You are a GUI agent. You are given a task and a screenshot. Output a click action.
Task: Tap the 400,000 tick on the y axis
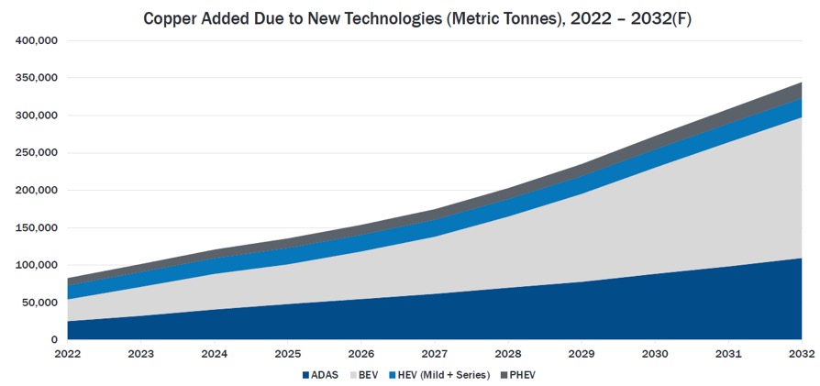coord(38,41)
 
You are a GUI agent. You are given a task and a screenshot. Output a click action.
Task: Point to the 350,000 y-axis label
coord(38,79)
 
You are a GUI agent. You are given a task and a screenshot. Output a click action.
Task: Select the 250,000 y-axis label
coord(38,153)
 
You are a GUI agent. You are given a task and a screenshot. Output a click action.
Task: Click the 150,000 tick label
coord(38,228)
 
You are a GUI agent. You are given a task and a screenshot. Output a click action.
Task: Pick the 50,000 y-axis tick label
coord(40,303)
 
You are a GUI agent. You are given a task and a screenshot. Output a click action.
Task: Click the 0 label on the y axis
coord(54,340)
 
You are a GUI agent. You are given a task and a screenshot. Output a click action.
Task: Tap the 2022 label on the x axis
coord(68,354)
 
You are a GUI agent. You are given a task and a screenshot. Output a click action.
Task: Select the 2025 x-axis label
coord(288,354)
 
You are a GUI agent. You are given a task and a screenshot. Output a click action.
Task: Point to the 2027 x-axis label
coord(435,354)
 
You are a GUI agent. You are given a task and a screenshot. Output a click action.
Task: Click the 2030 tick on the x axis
coord(655,354)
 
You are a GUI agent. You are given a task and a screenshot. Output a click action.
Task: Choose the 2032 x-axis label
coord(801,354)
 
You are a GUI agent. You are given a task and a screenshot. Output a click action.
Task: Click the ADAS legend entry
coord(320,375)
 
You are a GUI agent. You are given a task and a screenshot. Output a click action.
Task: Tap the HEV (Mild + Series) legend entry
coord(439,375)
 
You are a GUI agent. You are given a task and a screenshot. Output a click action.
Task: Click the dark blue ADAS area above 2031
coord(728,307)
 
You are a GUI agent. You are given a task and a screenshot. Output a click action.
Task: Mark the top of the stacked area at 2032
coord(801,83)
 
